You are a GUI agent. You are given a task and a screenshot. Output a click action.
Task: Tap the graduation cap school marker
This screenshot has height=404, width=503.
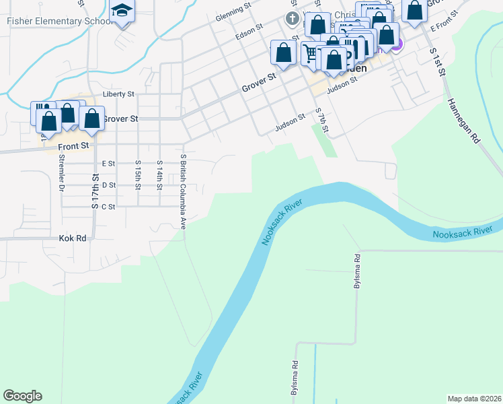(122, 12)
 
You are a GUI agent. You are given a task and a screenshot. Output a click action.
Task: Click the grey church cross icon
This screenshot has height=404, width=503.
(292, 18)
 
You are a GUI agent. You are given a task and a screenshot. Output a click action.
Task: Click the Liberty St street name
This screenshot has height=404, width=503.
(118, 94)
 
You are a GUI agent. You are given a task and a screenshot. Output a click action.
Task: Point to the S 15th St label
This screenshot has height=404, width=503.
(138, 174)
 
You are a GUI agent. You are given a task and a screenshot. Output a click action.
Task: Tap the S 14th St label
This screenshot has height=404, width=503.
(159, 174)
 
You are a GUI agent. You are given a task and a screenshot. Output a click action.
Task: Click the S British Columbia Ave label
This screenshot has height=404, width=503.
(183, 190)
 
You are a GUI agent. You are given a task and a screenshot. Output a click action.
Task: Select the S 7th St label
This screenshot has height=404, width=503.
(323, 121)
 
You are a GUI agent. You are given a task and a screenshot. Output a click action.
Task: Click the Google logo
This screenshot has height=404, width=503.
(22, 396)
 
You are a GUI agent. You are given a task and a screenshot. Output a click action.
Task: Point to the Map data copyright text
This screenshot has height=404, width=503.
(474, 398)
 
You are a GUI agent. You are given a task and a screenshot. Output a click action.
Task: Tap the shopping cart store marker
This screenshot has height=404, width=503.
(309, 54)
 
